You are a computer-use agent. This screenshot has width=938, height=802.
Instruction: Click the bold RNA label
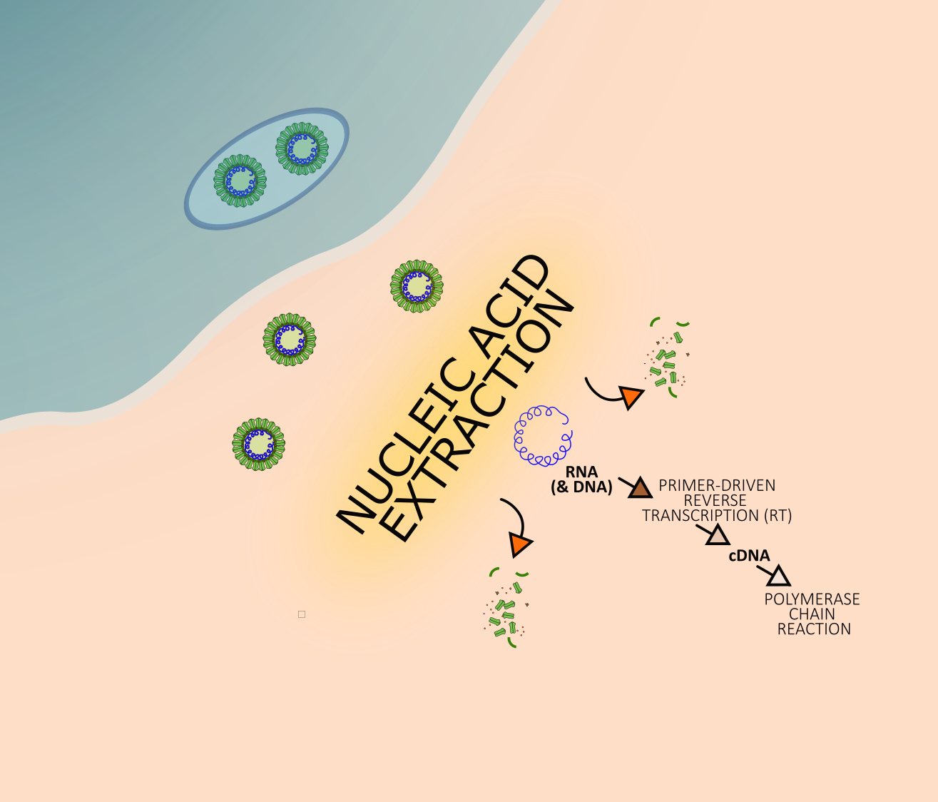pos(581,473)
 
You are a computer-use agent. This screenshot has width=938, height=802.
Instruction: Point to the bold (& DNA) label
pos(581,488)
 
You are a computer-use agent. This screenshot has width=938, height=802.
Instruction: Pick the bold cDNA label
pos(749,556)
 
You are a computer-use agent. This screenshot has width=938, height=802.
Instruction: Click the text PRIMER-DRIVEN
pos(717,485)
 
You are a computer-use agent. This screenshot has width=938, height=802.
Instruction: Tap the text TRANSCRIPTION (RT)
pos(717,515)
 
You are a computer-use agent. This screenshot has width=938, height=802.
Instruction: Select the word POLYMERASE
pos(812,599)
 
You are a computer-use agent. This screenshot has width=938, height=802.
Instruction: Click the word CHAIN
pos(812,614)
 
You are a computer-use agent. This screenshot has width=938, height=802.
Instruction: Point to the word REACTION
pos(814,629)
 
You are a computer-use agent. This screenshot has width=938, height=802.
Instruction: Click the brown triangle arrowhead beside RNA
pos(640,489)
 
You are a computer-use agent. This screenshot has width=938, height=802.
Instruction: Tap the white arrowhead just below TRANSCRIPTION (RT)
pos(718,535)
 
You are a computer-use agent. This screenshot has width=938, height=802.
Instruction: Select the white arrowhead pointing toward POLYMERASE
pos(779,577)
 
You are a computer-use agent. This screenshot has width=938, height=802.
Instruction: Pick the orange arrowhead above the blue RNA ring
pos(631,397)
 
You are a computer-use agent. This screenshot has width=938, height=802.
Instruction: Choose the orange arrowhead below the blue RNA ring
pos(520,545)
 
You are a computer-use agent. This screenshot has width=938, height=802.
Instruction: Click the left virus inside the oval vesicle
pos(240,181)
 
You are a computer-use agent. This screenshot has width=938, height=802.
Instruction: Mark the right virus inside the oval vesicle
pos(302,148)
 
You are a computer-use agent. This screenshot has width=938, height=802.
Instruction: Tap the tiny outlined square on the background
pos(302,614)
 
